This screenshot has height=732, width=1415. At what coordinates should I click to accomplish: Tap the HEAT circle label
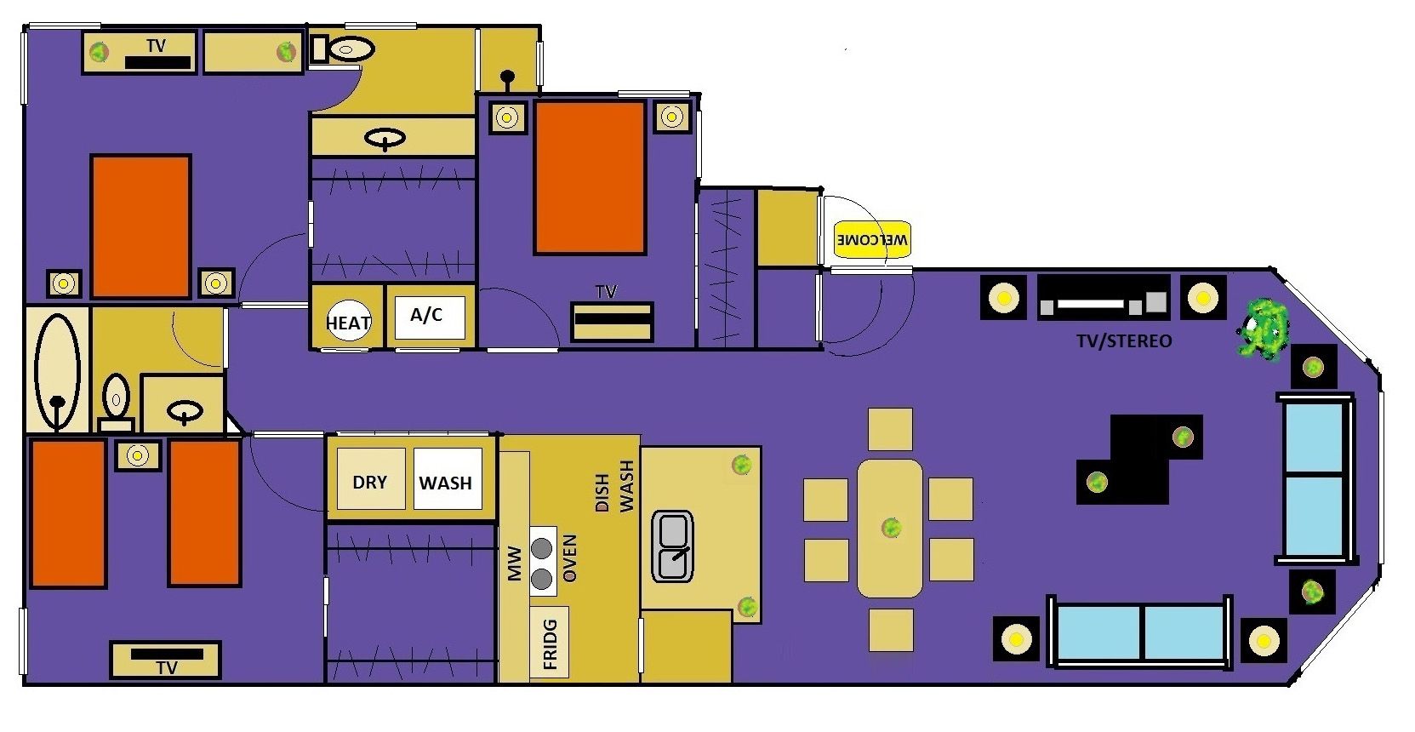[x=347, y=322]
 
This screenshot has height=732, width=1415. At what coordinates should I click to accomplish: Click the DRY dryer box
[x=370, y=481]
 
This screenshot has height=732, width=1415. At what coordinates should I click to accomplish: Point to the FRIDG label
[x=550, y=643]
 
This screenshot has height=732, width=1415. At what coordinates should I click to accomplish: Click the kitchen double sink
[x=672, y=546]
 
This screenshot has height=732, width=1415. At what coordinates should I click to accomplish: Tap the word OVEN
[x=570, y=558]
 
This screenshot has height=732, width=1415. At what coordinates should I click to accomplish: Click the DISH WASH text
[x=614, y=487]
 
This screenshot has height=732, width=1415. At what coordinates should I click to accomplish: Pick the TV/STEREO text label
[x=1124, y=341]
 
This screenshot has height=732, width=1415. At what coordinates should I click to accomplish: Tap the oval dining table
[x=890, y=528]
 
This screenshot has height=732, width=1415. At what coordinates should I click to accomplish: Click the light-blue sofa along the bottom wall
[x=1140, y=632]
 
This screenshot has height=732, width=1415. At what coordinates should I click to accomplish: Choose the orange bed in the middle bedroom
[x=590, y=177]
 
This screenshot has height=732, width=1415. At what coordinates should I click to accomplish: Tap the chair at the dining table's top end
[x=890, y=429]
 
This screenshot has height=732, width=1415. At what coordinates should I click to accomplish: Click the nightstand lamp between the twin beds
[x=137, y=455]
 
